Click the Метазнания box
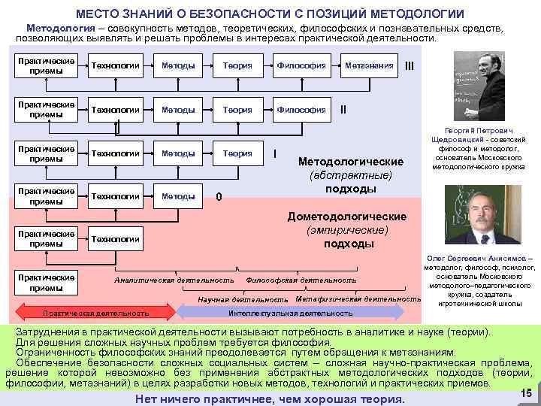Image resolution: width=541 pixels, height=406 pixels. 368,65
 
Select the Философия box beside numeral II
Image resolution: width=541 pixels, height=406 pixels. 301,109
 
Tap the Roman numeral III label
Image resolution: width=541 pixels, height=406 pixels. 410,65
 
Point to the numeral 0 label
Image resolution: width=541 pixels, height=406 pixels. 219,198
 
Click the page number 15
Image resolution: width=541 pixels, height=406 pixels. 526,392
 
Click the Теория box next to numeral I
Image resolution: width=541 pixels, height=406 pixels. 237,153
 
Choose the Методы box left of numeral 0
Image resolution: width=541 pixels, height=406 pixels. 178,196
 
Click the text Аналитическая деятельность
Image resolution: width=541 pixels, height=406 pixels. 174,280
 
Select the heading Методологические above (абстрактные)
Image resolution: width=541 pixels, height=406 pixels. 351,162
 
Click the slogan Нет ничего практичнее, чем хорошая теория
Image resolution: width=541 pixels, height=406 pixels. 268,398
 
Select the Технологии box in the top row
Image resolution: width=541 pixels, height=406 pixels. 115,65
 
